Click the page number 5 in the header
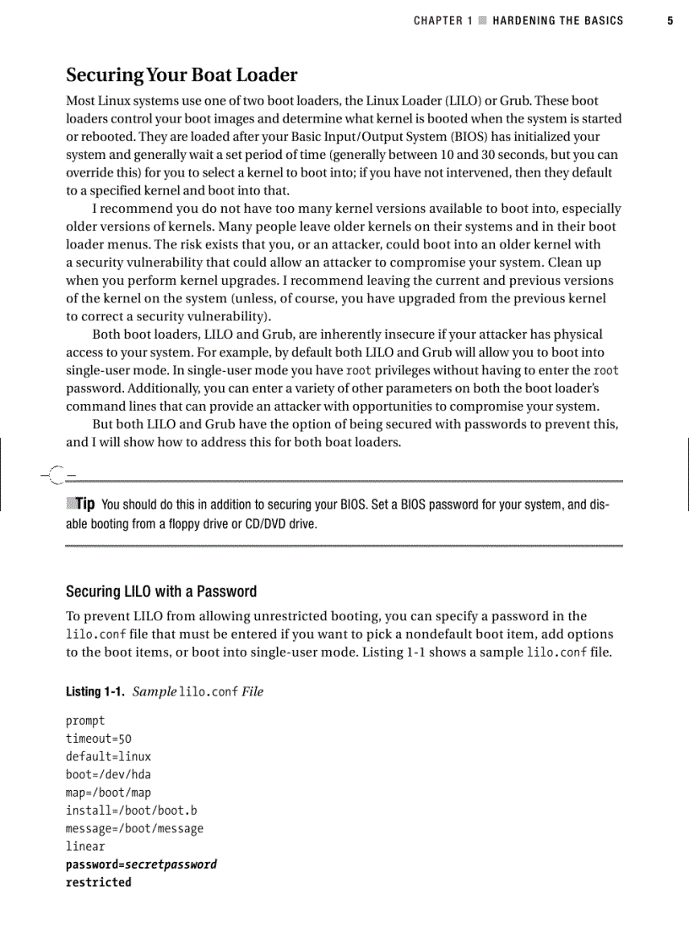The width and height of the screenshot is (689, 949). [x=670, y=21]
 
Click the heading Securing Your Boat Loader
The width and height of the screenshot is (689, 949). [x=182, y=75]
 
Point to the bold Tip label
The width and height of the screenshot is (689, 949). [x=84, y=504]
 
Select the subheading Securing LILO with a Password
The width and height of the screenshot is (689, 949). [x=161, y=592]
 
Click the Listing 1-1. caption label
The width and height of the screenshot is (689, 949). [x=95, y=691]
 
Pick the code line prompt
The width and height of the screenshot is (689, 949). [x=85, y=721]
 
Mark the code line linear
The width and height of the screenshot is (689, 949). [x=85, y=846]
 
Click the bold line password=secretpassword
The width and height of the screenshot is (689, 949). [x=141, y=864]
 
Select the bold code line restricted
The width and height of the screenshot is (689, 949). [x=99, y=882]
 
